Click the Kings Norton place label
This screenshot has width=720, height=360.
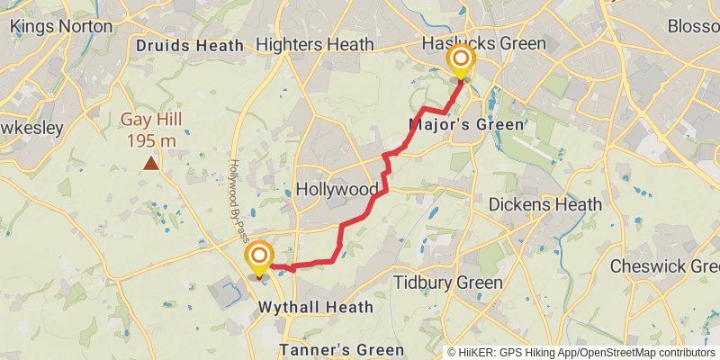click(x=61, y=26)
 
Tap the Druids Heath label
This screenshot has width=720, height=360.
click(x=190, y=45)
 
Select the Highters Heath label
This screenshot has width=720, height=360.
click(x=314, y=44)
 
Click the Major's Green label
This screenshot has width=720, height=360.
click(x=465, y=124)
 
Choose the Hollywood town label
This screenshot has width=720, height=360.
click(x=337, y=190)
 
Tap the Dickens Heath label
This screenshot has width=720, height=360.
click(x=544, y=205)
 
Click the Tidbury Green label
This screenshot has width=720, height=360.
click(x=448, y=283)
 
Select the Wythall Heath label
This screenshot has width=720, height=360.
click(x=316, y=307)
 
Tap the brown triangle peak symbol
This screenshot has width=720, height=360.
click(x=151, y=163)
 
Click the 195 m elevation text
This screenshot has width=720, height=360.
click(x=151, y=140)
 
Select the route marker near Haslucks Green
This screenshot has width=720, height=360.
click(x=461, y=62)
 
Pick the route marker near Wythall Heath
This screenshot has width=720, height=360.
click(x=259, y=258)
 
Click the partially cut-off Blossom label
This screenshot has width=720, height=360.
click(x=693, y=26)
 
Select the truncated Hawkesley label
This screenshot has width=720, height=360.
click(x=31, y=128)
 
